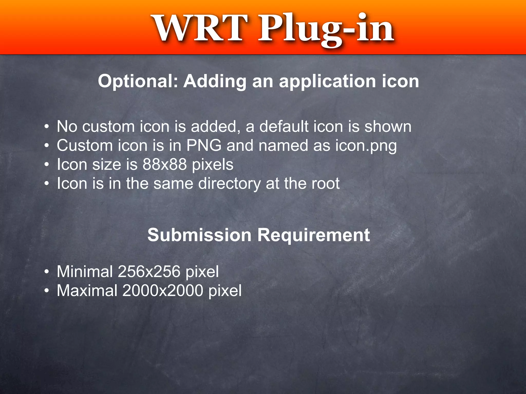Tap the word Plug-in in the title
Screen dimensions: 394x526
[x=326, y=29]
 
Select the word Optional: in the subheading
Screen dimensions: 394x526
[x=138, y=81]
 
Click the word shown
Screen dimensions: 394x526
[x=388, y=126]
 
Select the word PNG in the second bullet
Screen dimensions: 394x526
[x=204, y=145]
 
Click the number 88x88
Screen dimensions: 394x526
[x=165, y=164]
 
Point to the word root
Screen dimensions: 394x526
[x=325, y=184]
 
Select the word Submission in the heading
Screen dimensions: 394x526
[x=199, y=235]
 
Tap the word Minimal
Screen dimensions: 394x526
[x=85, y=271]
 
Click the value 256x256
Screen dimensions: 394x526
[x=149, y=271]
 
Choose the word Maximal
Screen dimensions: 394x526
[x=87, y=290]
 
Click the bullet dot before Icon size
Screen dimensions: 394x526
[x=46, y=165]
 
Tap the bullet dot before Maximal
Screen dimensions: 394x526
[x=46, y=291]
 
